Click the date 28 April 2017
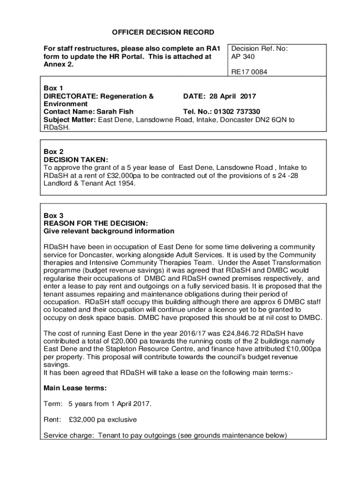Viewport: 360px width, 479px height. [x=236, y=96]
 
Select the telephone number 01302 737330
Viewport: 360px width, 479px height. [x=237, y=111]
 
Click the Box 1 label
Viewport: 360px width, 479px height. [x=53, y=88]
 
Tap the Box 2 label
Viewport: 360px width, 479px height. [x=53, y=152]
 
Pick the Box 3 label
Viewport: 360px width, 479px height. [x=53, y=216]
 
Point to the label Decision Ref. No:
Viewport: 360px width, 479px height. [x=259, y=48]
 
